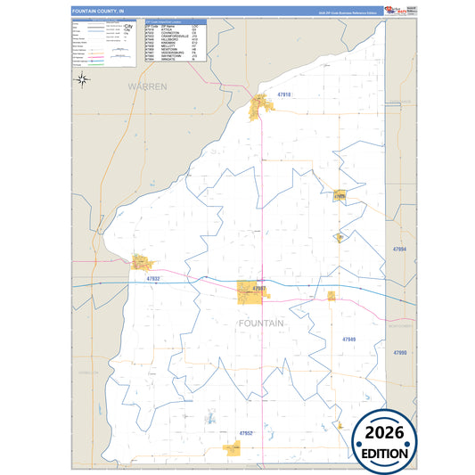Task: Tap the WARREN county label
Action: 147,86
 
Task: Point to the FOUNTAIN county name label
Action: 261,323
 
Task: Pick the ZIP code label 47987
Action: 259,289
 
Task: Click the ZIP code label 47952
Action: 246,432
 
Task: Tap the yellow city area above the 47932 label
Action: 142,263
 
